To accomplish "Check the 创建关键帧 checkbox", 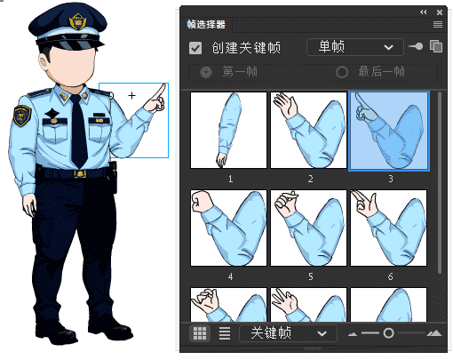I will click(x=195, y=47).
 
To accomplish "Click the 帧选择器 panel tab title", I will click(x=207, y=24).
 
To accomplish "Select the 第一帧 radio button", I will click(x=206, y=72).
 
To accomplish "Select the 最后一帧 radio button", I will click(x=342, y=72).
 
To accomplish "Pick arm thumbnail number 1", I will click(x=228, y=131).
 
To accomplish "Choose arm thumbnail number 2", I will click(x=308, y=131).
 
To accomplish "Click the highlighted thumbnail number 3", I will click(x=389, y=131).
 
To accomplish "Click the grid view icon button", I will click(x=200, y=333).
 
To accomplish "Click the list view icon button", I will click(x=225, y=333).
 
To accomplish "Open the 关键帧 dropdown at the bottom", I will click(x=288, y=333).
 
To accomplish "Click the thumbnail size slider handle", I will click(x=388, y=333).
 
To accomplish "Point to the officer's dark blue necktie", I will click(x=79, y=133).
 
